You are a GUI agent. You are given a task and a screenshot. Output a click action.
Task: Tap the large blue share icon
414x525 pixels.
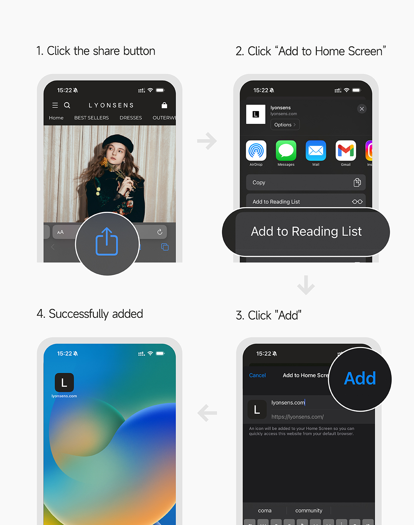click(107, 241)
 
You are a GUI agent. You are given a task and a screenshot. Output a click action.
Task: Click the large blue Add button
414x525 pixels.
click(360, 379)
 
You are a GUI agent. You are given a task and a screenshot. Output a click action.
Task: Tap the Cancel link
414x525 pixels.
click(257, 375)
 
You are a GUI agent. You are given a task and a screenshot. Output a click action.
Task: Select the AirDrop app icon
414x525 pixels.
click(256, 151)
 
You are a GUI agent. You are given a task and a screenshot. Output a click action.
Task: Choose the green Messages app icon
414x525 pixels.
click(286, 151)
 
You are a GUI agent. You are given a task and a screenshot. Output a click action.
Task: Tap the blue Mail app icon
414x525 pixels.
click(316, 151)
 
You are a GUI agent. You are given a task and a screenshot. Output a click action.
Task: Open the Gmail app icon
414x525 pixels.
click(346, 151)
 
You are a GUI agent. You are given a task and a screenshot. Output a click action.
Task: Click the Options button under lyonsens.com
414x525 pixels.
click(285, 125)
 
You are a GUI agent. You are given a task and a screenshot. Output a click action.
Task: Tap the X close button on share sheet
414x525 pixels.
click(362, 109)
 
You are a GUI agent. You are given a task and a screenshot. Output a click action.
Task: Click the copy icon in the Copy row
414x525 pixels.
click(357, 182)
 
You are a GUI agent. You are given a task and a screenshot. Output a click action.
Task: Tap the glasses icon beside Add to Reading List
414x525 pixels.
click(357, 202)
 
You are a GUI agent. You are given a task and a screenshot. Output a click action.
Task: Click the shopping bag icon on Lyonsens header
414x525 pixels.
click(164, 105)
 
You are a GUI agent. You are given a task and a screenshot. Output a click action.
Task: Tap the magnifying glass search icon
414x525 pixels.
click(67, 105)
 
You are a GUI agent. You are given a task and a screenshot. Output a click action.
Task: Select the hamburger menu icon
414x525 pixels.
click(55, 105)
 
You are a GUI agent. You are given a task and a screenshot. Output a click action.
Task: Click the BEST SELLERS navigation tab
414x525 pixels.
click(91, 118)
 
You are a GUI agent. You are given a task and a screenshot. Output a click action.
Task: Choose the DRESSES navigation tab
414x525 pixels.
click(131, 118)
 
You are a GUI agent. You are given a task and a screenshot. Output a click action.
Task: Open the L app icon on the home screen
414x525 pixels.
click(64, 382)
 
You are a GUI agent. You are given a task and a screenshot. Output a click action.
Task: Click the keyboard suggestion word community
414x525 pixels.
click(309, 510)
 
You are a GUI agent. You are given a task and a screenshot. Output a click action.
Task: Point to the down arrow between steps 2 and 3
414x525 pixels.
click(306, 285)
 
